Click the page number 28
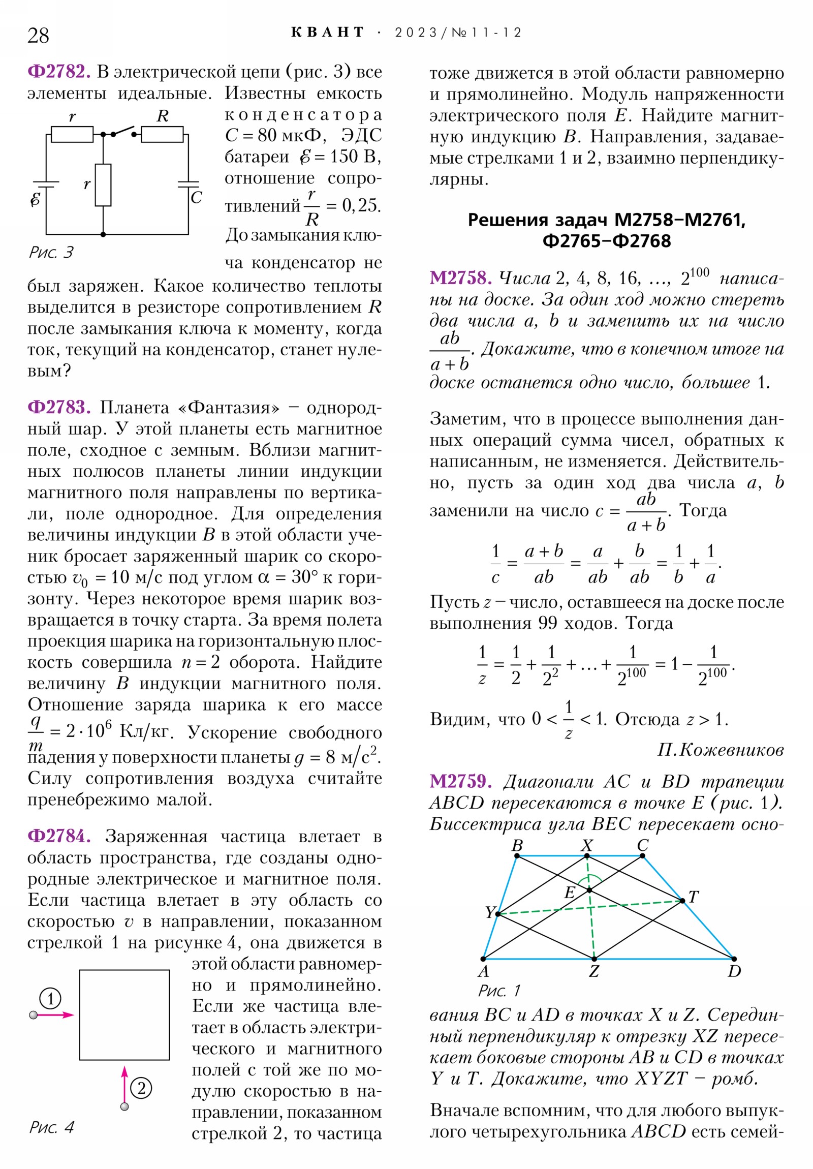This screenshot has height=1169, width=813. (x=38, y=36)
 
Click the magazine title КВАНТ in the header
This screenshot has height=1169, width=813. (x=327, y=33)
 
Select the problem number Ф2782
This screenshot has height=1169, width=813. (x=59, y=72)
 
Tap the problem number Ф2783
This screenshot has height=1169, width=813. (x=59, y=407)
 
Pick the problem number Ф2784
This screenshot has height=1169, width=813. (x=59, y=836)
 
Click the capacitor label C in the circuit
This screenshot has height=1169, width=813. (x=197, y=198)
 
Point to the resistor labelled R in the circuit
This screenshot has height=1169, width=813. (x=162, y=134)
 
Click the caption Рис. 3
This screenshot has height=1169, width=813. (x=51, y=253)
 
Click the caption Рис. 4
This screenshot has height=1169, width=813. (x=51, y=1127)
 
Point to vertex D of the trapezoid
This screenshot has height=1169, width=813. (x=734, y=959)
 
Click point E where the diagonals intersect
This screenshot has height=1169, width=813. (x=589, y=890)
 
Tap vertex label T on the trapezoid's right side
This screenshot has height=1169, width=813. (x=693, y=897)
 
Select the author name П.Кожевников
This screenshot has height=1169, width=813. (x=720, y=750)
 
